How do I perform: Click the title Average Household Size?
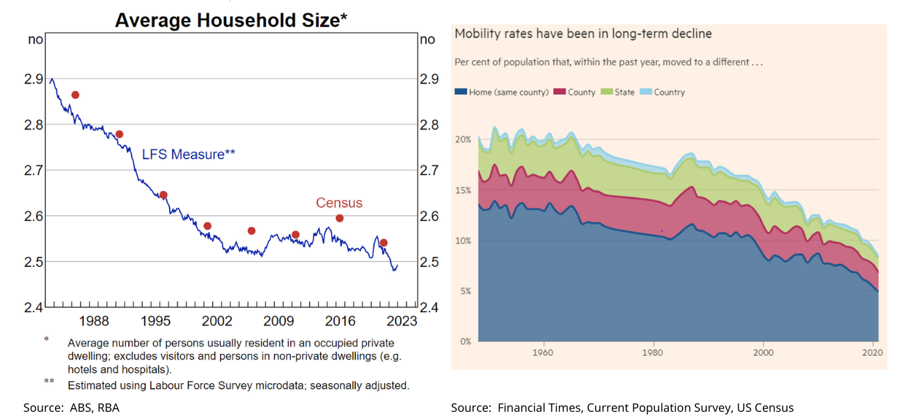[x=230, y=20]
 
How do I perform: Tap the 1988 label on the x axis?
[x=93, y=320]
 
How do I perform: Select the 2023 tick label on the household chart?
[x=402, y=320]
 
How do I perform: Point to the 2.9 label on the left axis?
[x=33, y=79]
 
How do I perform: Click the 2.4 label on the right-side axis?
[x=429, y=308]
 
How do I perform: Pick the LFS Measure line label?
[x=189, y=155]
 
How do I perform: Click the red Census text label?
[x=339, y=203]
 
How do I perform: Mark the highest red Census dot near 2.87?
[x=75, y=95]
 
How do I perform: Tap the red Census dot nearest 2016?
[x=340, y=218]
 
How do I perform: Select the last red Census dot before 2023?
[x=383, y=242]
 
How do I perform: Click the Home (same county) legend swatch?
[x=460, y=92]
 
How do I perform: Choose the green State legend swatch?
[x=606, y=92]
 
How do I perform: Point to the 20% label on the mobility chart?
[x=464, y=140]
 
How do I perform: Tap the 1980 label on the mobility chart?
[x=654, y=353]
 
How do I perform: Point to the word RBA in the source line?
[x=98, y=408]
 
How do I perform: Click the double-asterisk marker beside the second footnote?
[x=49, y=382]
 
